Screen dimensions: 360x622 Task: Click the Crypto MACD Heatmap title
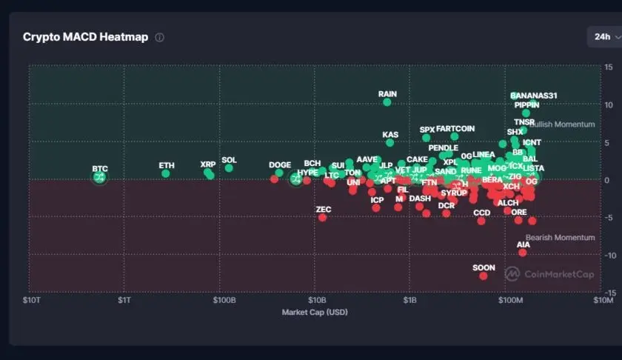[85, 37]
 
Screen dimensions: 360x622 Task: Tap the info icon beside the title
[159, 37]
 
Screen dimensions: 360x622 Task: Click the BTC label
[100, 169]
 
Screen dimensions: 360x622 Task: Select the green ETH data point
[166, 173]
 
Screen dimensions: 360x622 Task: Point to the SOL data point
[229, 168]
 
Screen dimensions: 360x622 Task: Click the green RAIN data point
[387, 101]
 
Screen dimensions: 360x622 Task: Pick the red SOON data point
[484, 276]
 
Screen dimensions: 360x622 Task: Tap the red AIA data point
[523, 253]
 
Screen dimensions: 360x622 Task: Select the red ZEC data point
[322, 218]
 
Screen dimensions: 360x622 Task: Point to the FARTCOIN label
[455, 129]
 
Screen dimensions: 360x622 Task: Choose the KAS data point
[390, 143]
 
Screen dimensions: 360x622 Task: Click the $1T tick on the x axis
[124, 301]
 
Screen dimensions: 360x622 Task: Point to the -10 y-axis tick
[607, 255]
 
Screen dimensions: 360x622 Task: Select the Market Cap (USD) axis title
[315, 312]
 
